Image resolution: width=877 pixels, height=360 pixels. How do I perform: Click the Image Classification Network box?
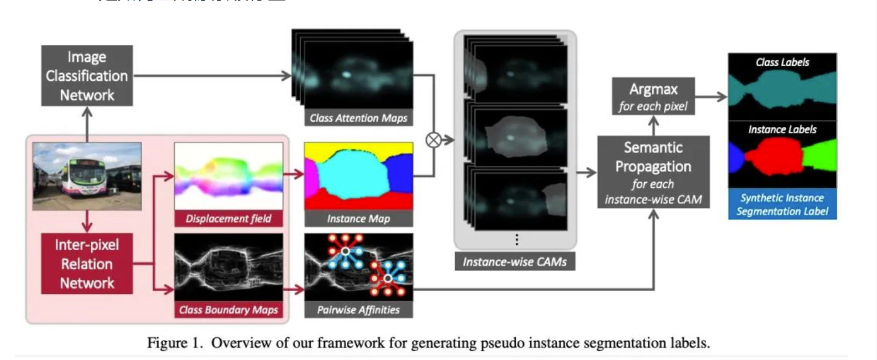click(87, 76)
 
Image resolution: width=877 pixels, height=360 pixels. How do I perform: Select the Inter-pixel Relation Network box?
click(87, 263)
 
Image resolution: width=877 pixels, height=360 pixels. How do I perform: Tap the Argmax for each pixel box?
click(653, 97)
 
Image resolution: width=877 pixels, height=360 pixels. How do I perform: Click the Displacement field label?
click(228, 219)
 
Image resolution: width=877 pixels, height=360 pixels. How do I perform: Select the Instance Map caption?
click(358, 219)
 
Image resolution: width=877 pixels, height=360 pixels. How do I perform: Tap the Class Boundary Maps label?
click(228, 310)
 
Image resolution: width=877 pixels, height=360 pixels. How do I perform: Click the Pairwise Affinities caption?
click(358, 310)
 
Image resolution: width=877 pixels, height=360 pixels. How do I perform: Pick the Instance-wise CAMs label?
click(514, 262)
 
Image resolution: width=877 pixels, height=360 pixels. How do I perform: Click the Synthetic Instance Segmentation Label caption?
click(782, 204)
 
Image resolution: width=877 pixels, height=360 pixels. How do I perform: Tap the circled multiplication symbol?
click(434, 140)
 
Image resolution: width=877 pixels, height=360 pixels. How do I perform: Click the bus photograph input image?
click(87, 176)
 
